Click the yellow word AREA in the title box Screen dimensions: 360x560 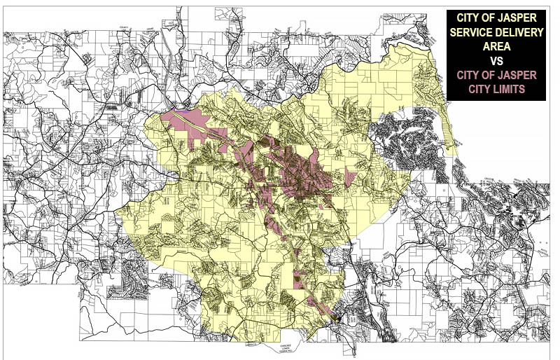(x=496, y=48)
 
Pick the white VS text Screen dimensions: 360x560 (x=496, y=62)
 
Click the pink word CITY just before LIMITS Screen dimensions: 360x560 (x=479, y=90)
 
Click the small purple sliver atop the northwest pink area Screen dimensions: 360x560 (x=184, y=110)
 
